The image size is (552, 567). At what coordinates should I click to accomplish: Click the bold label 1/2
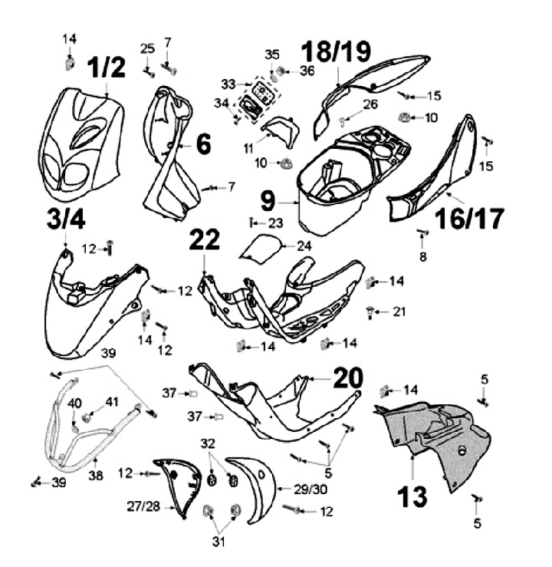coord(107,68)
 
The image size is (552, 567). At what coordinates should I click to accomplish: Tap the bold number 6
coord(203,144)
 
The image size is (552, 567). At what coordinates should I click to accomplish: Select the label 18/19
coord(336,51)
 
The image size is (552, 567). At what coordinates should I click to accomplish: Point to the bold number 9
coord(268,201)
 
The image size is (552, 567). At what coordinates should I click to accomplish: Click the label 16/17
coord(469,219)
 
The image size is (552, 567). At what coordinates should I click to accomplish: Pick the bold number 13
coord(412,497)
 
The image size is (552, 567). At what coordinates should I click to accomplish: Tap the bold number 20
coord(348,377)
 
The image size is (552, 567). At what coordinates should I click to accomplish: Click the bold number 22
coord(204,239)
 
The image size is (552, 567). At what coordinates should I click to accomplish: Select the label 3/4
coord(66,219)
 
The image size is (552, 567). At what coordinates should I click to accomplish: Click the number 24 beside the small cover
coord(304,246)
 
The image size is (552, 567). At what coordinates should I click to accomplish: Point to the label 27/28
coord(143,506)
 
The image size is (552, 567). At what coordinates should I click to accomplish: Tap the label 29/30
coord(310,490)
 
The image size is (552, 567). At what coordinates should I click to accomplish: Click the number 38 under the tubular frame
coord(96,476)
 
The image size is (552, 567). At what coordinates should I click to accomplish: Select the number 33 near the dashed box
coord(228,84)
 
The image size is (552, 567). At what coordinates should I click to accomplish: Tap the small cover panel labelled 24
coord(261,248)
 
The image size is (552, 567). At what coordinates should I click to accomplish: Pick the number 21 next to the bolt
coord(399,312)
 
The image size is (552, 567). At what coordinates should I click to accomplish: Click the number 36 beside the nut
coord(307,71)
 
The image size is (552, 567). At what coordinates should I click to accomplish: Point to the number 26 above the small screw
coord(370,104)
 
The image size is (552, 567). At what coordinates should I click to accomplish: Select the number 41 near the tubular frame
coord(112,402)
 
